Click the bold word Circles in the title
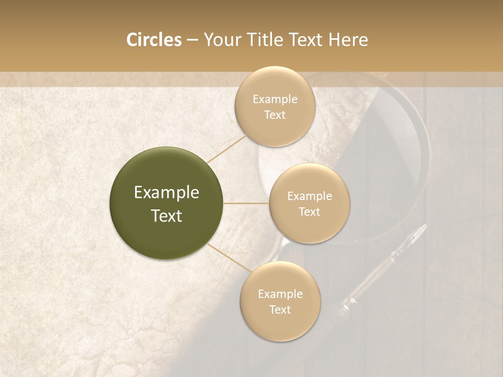pos(154,40)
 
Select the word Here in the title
pos(348,40)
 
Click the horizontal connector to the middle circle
pos(246,203)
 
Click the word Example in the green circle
pos(167,193)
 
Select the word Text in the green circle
pos(167,216)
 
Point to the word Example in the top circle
pos(275,99)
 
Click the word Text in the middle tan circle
pos(310,212)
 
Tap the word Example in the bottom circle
pos(280,294)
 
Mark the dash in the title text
pos(192,40)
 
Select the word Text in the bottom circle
pos(280,309)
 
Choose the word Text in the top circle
pos(275,115)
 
